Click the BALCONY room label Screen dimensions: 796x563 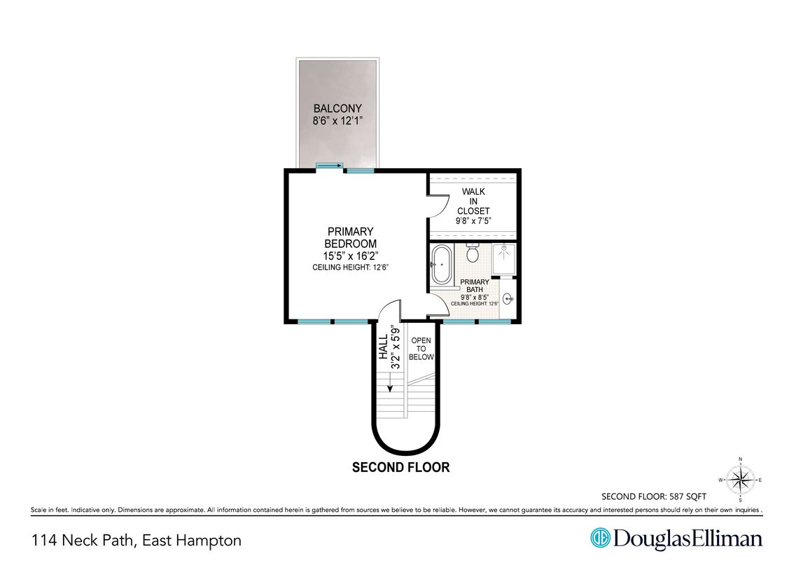click(x=337, y=108)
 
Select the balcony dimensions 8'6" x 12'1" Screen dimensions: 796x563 click(x=337, y=121)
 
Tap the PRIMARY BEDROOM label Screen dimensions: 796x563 click(x=350, y=237)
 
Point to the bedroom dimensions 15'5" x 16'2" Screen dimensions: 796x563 click(x=351, y=256)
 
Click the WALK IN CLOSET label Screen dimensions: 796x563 click(x=473, y=201)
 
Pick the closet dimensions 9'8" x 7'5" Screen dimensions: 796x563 click(x=474, y=221)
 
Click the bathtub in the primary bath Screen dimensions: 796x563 click(x=441, y=265)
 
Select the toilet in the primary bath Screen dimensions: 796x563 click(x=473, y=252)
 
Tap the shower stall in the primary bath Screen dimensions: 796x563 click(x=503, y=260)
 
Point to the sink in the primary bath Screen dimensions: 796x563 click(x=508, y=299)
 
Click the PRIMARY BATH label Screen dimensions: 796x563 click(x=475, y=285)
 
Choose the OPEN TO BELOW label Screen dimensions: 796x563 click(x=421, y=349)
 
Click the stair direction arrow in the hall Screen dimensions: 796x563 click(x=390, y=382)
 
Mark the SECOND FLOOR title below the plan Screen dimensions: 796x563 click(x=401, y=467)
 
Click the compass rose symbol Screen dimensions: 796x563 click(x=740, y=479)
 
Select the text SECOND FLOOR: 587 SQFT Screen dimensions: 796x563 click(x=654, y=496)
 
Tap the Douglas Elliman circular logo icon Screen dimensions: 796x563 click(x=600, y=538)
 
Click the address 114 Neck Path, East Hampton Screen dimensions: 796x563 click(x=137, y=541)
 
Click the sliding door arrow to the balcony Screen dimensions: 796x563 click(x=330, y=165)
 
